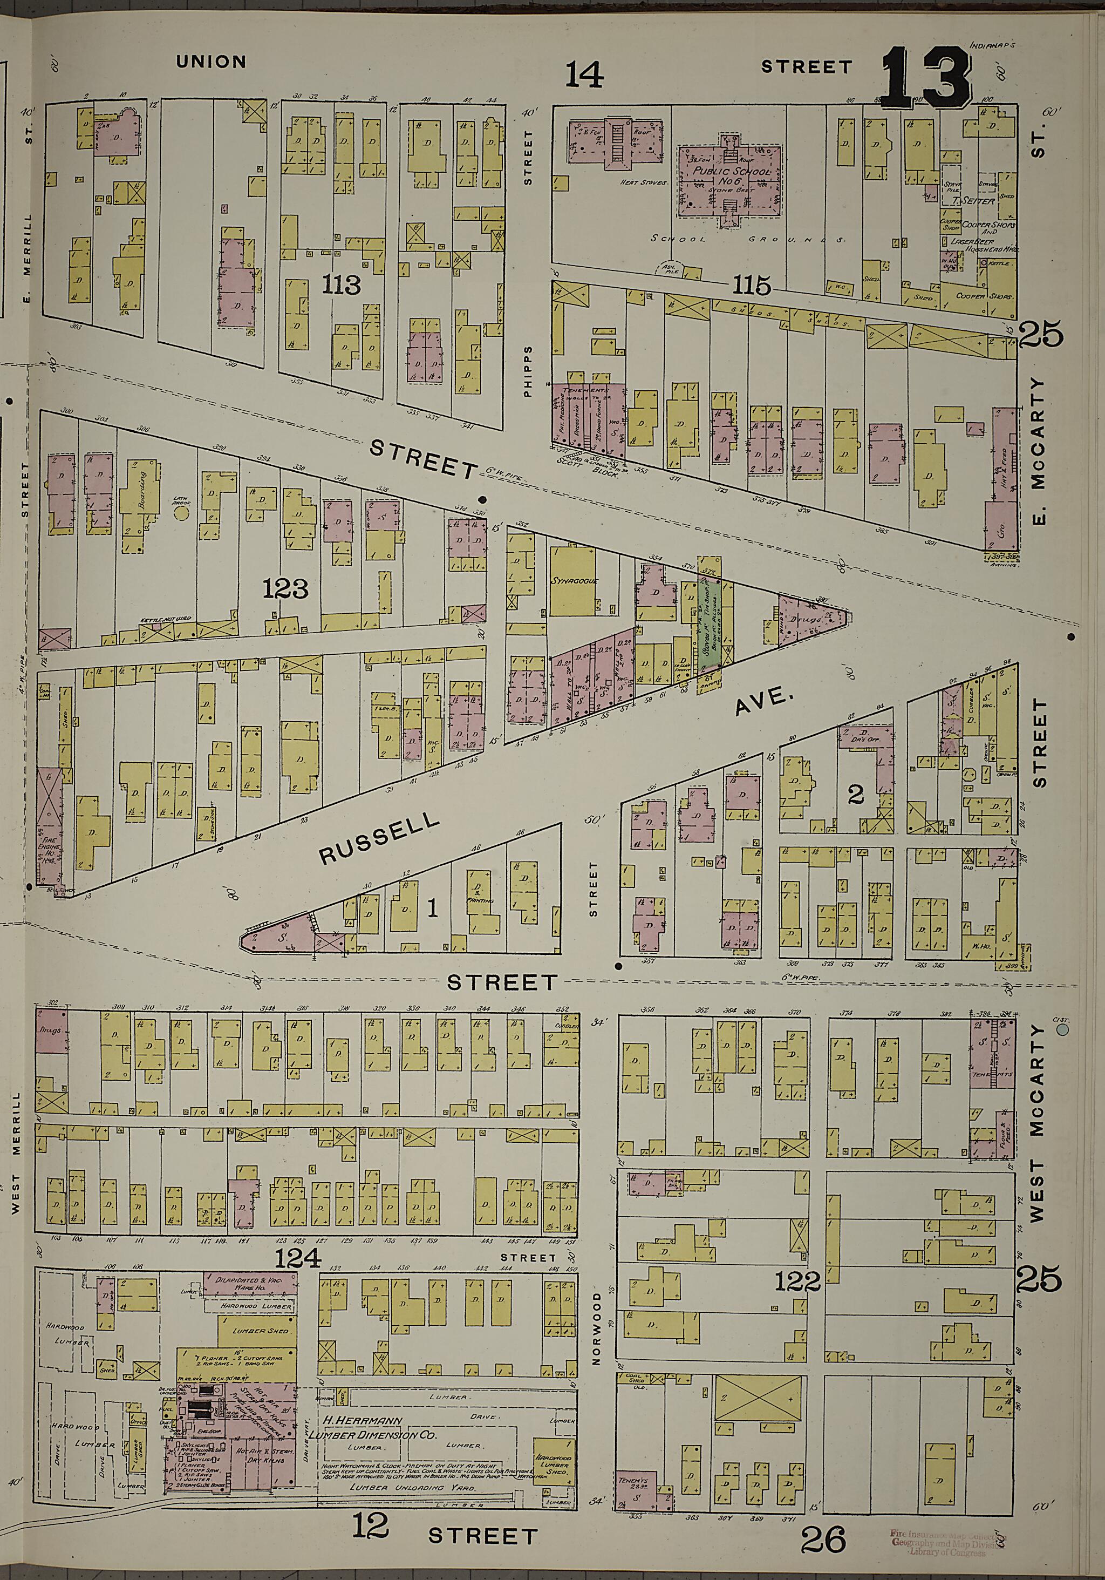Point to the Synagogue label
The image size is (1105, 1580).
(573, 581)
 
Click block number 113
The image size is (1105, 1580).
(342, 284)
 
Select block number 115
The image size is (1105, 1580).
(752, 285)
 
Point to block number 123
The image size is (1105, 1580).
(285, 588)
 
